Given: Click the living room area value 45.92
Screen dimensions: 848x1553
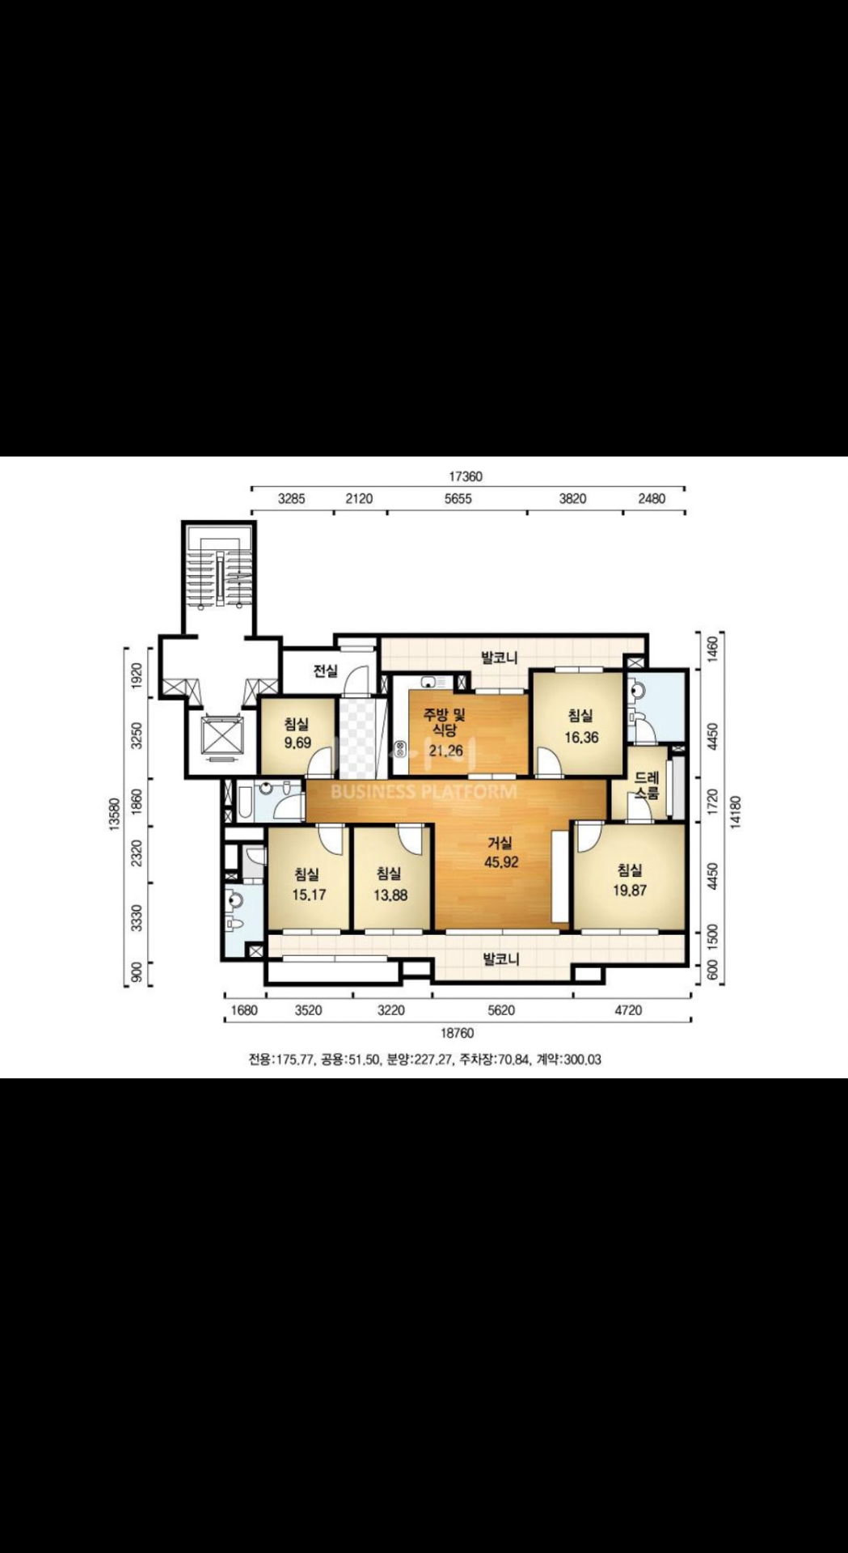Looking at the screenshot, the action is pyautogui.click(x=501, y=862).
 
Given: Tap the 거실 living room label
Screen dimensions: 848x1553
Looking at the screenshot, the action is pyautogui.click(x=500, y=844).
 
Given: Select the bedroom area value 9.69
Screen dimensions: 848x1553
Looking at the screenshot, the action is pyautogui.click(x=297, y=743).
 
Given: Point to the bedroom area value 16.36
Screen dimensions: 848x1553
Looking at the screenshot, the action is pyautogui.click(x=581, y=737).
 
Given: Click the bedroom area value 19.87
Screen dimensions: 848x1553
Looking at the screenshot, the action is pyautogui.click(x=630, y=891).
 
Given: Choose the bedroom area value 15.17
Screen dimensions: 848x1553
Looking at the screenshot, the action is pyautogui.click(x=308, y=895).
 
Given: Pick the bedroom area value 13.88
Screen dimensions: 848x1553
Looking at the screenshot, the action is pyautogui.click(x=390, y=895).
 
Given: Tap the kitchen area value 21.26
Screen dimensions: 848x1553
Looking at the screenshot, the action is pyautogui.click(x=445, y=751).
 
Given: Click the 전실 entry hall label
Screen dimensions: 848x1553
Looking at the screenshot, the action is pyautogui.click(x=326, y=671).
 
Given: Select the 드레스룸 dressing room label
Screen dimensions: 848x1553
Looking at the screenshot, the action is pyautogui.click(x=647, y=785).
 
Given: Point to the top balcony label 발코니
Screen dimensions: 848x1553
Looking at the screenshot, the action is pyautogui.click(x=500, y=657).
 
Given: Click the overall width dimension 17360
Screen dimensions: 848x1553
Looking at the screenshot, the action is pyautogui.click(x=466, y=476).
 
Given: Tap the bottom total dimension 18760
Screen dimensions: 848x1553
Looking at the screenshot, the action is pyautogui.click(x=457, y=1033).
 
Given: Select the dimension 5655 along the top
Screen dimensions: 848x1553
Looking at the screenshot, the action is pyautogui.click(x=458, y=498).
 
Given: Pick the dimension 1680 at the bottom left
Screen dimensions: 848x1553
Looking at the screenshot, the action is pyautogui.click(x=244, y=1010).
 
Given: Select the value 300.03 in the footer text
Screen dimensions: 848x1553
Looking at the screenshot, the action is pyautogui.click(x=582, y=1060).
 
